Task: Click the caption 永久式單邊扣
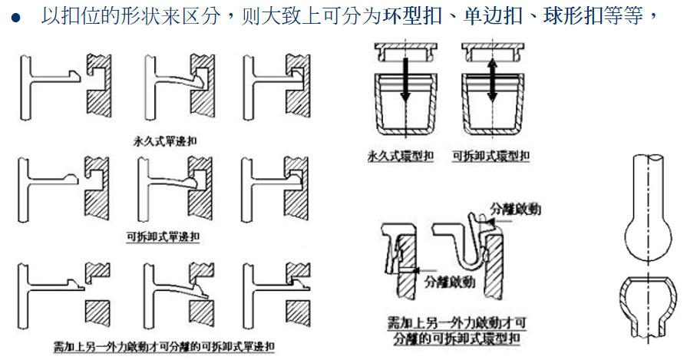click(165, 141)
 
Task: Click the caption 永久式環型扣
click(400, 156)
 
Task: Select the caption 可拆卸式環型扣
click(490, 156)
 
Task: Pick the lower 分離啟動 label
click(449, 282)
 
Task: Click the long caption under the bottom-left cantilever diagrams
click(164, 346)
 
